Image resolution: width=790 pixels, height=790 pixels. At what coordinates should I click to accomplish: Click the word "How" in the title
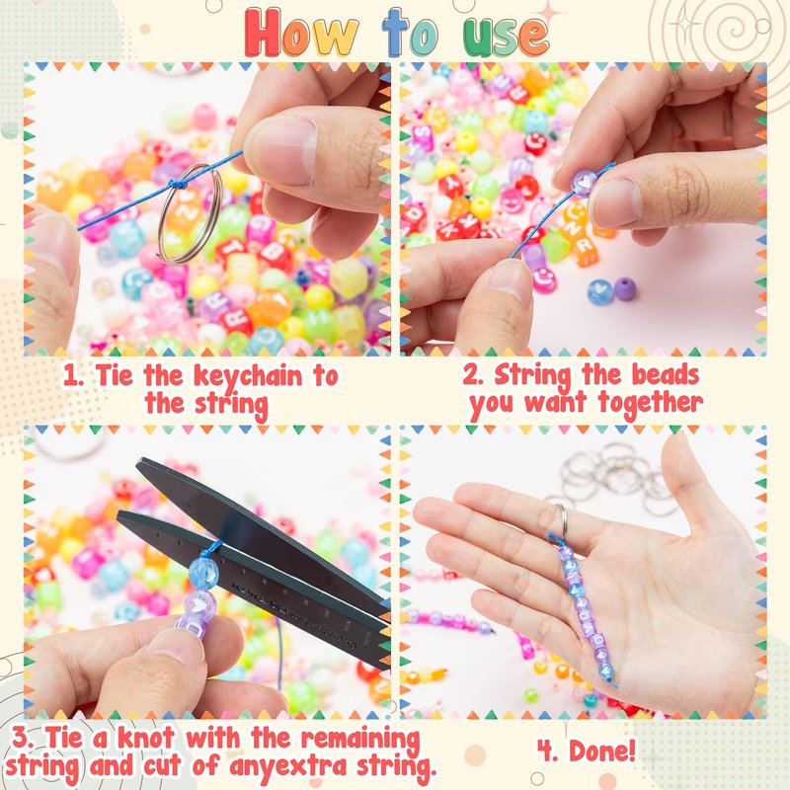301,34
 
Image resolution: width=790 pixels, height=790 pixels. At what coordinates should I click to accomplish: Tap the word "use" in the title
506,36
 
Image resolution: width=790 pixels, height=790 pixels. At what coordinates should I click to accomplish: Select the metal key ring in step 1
190,213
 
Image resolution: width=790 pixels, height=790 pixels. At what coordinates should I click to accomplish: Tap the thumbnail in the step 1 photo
282,150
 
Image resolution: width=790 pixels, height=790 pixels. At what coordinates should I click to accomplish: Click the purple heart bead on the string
585,184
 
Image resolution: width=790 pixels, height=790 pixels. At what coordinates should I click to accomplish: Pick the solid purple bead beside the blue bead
625,288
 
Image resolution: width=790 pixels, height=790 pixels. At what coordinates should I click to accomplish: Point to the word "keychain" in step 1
248,377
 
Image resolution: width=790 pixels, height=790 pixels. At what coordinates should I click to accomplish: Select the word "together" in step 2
650,404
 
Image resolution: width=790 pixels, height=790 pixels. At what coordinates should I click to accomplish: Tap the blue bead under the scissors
203,573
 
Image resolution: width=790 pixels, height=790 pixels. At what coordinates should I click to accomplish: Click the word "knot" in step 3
146,738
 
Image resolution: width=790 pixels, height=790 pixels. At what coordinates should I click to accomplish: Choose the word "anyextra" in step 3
287,767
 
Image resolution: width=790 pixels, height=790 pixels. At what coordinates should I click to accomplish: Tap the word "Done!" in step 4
602,751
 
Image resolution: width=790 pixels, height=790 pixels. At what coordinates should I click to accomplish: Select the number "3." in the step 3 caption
23,738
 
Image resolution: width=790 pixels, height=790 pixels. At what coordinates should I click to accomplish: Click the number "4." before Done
548,751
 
